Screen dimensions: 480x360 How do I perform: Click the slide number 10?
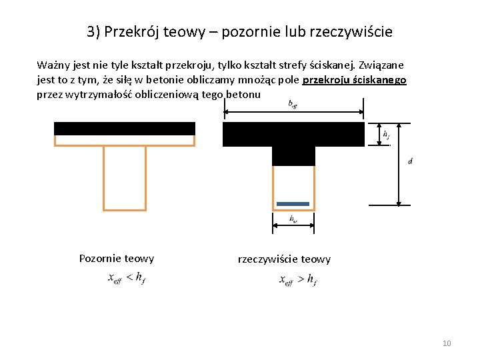point(447,343)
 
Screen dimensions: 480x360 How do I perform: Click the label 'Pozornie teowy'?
point(116,259)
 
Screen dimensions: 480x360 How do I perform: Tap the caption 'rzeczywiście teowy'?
point(284,259)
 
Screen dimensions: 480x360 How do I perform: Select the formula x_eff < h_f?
point(126,279)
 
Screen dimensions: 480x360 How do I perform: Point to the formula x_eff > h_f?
point(297,279)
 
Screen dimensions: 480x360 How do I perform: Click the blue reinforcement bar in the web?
point(293,203)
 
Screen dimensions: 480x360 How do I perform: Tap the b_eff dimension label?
point(293,103)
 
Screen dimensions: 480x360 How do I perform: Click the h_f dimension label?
point(386,134)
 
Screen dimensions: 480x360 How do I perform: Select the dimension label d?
point(409,162)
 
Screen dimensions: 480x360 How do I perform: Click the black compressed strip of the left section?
point(125,129)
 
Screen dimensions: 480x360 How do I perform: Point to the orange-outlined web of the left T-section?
point(125,177)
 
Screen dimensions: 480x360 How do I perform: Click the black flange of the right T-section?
point(293,134)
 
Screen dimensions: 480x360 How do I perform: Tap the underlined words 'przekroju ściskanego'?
point(354,80)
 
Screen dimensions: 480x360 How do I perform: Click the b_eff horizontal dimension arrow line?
point(293,112)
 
